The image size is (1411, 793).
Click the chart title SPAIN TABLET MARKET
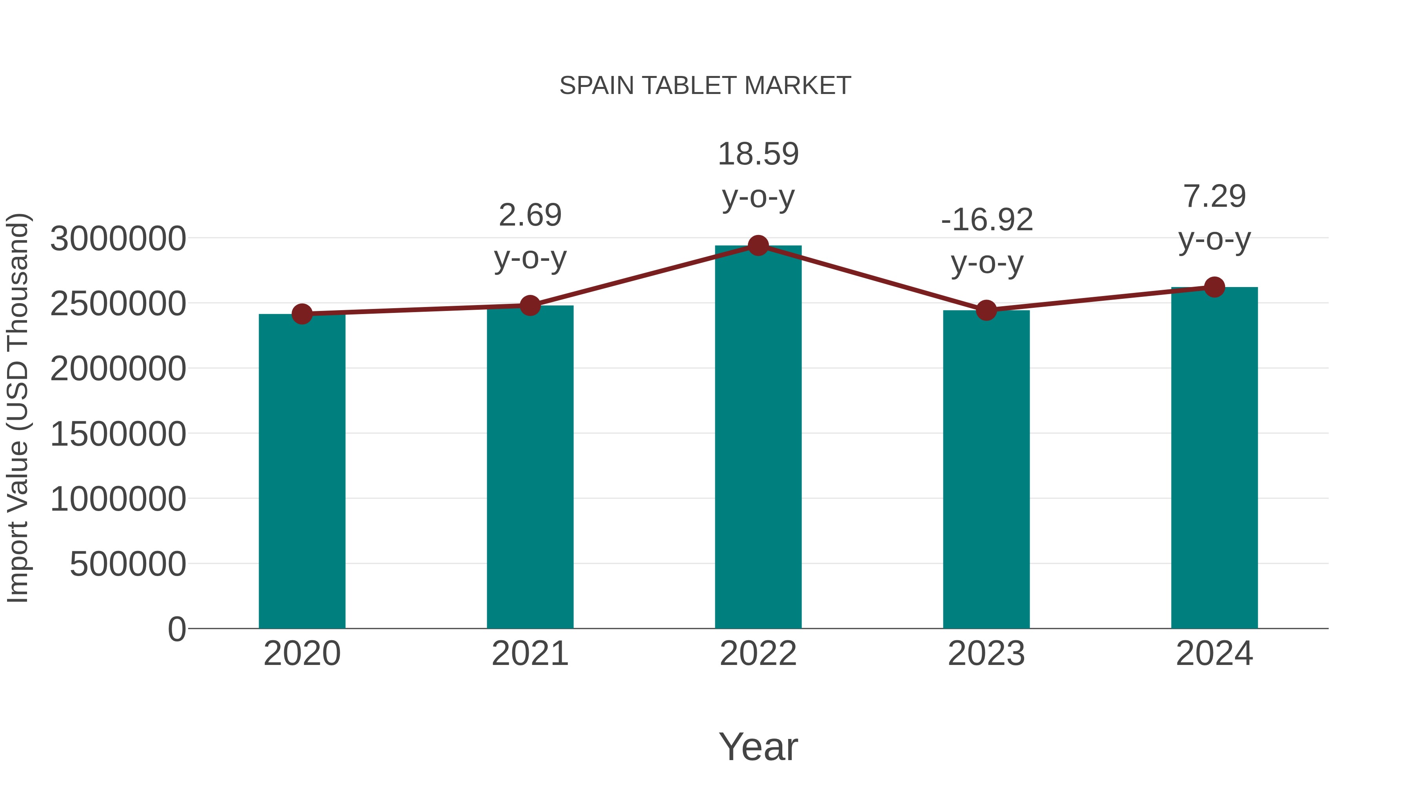pyautogui.click(x=705, y=86)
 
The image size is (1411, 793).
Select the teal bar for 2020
pyautogui.click(x=302, y=471)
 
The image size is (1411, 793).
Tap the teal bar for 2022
pyautogui.click(x=758, y=438)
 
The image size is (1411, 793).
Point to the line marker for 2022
pyautogui.click(x=758, y=246)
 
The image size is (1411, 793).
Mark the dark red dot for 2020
pyautogui.click(x=302, y=314)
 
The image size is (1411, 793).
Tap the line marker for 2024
pyautogui.click(x=1214, y=287)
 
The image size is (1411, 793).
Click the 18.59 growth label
pyautogui.click(x=758, y=154)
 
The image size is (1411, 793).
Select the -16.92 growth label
pyautogui.click(x=987, y=220)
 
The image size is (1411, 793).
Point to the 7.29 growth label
pyautogui.click(x=1214, y=197)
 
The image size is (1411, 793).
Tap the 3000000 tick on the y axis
pyautogui.click(x=118, y=239)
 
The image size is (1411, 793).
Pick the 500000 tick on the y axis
pyautogui.click(x=128, y=564)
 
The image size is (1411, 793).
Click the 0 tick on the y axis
pyautogui.click(x=177, y=629)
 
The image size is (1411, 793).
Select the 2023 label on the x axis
pyautogui.click(x=986, y=654)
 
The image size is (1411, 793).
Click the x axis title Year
pyautogui.click(x=758, y=747)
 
